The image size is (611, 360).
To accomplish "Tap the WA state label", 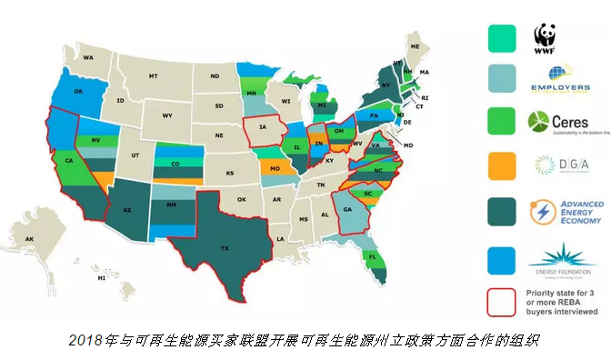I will [89, 57].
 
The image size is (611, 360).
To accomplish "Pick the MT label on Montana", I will [154, 76].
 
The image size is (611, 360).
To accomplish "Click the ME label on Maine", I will [416, 45].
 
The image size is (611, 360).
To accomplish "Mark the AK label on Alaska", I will [30, 239].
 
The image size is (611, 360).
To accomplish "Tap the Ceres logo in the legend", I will [550, 123].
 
